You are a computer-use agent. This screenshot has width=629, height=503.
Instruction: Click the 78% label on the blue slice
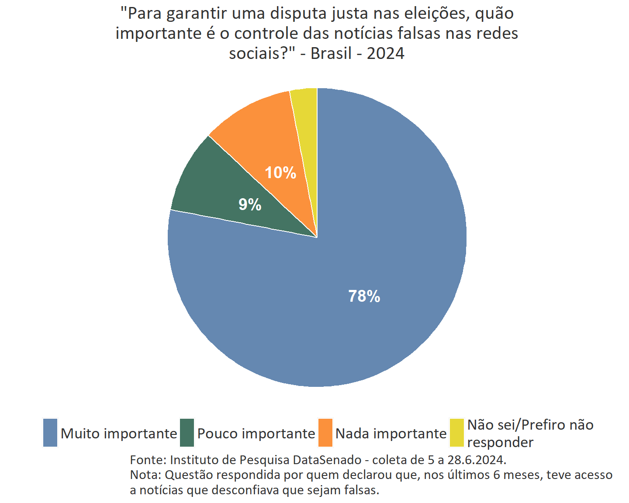coord(364,296)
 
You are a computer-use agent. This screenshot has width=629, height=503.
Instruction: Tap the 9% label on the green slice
coord(250,204)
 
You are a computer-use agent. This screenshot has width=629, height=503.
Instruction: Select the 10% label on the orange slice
coord(280,173)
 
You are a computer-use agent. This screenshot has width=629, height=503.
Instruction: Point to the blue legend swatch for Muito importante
coord(50,433)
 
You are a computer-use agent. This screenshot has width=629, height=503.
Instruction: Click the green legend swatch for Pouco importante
coord(187,433)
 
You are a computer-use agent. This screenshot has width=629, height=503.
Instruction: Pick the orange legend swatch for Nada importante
coord(325,433)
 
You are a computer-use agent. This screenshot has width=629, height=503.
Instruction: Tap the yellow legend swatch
coord(456,433)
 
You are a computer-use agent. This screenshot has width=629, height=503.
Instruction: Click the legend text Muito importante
coord(119,434)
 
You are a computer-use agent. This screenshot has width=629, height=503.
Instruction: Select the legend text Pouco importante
coord(256,434)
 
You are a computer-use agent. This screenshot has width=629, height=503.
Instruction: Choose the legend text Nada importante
coord(391,434)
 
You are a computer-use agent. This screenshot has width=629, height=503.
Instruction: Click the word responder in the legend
coord(500,442)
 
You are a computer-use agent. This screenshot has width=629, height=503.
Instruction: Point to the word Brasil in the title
coord(331,53)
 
